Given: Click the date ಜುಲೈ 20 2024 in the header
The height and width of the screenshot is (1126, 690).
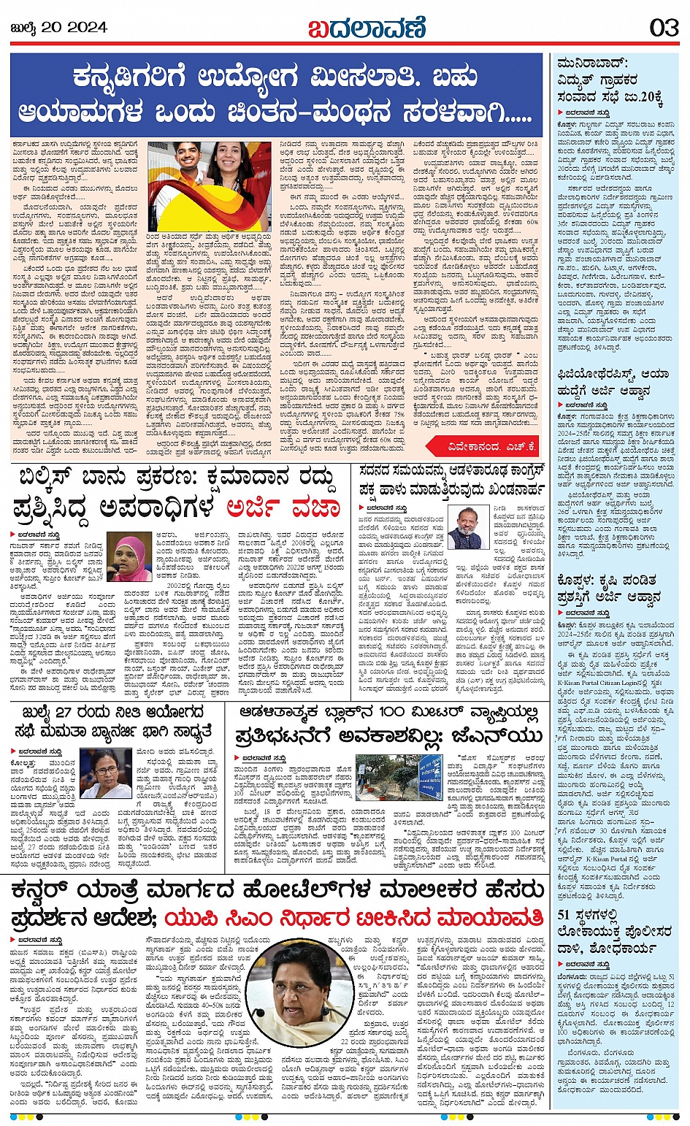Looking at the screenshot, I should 60,28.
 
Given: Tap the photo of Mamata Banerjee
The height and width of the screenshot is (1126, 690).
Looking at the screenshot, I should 105,773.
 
